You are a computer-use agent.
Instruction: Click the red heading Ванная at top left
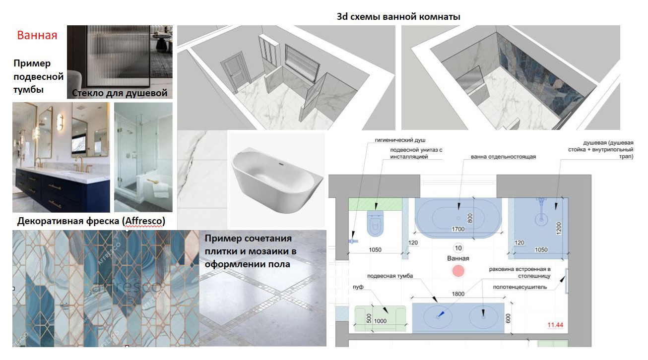click(x=37, y=35)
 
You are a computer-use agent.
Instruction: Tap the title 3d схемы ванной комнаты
click(x=398, y=16)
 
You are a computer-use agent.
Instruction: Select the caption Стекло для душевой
click(x=120, y=93)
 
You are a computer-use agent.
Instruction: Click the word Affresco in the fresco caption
click(x=143, y=221)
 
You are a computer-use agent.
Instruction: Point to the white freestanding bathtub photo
click(x=277, y=180)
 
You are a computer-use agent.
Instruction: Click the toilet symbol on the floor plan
click(x=375, y=223)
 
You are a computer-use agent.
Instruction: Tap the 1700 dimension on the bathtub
click(x=458, y=229)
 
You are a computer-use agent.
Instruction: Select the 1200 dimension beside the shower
click(x=559, y=229)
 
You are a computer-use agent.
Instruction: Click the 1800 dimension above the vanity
click(x=458, y=294)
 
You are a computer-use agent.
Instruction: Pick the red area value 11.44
click(x=555, y=325)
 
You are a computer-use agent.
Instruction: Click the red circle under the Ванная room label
click(x=458, y=271)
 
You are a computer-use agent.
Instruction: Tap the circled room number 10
click(x=458, y=248)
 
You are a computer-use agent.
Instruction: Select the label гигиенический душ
click(x=400, y=140)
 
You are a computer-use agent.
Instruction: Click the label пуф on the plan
click(x=358, y=287)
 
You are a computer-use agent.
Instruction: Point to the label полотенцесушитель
click(x=520, y=287)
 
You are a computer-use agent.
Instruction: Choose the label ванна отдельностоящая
click(x=503, y=157)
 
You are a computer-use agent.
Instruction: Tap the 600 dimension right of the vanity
click(x=508, y=318)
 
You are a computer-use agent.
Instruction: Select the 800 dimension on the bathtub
click(x=470, y=218)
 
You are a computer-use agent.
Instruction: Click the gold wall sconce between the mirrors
click(x=60, y=124)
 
